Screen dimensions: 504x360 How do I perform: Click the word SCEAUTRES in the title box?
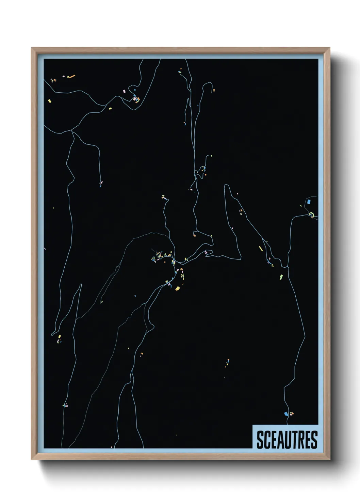coord(287,440)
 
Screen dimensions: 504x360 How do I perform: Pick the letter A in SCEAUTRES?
coord(280,440)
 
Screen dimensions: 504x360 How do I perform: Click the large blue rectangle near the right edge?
coord(309,201)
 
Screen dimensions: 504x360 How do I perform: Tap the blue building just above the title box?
coord(286,413)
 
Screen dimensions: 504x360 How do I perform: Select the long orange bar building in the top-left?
coord(72,77)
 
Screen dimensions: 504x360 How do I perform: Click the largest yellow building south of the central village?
coord(177,288)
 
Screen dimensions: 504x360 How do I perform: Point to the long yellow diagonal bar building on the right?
coord(261,248)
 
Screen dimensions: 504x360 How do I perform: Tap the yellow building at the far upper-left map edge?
coord(50,101)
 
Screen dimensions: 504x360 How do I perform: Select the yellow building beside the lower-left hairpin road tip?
coord(60,336)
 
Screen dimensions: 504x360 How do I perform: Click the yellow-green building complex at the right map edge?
coord(311,214)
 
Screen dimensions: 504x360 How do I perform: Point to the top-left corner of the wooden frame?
coord(32,48)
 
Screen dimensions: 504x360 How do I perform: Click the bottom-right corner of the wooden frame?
coord(329,459)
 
